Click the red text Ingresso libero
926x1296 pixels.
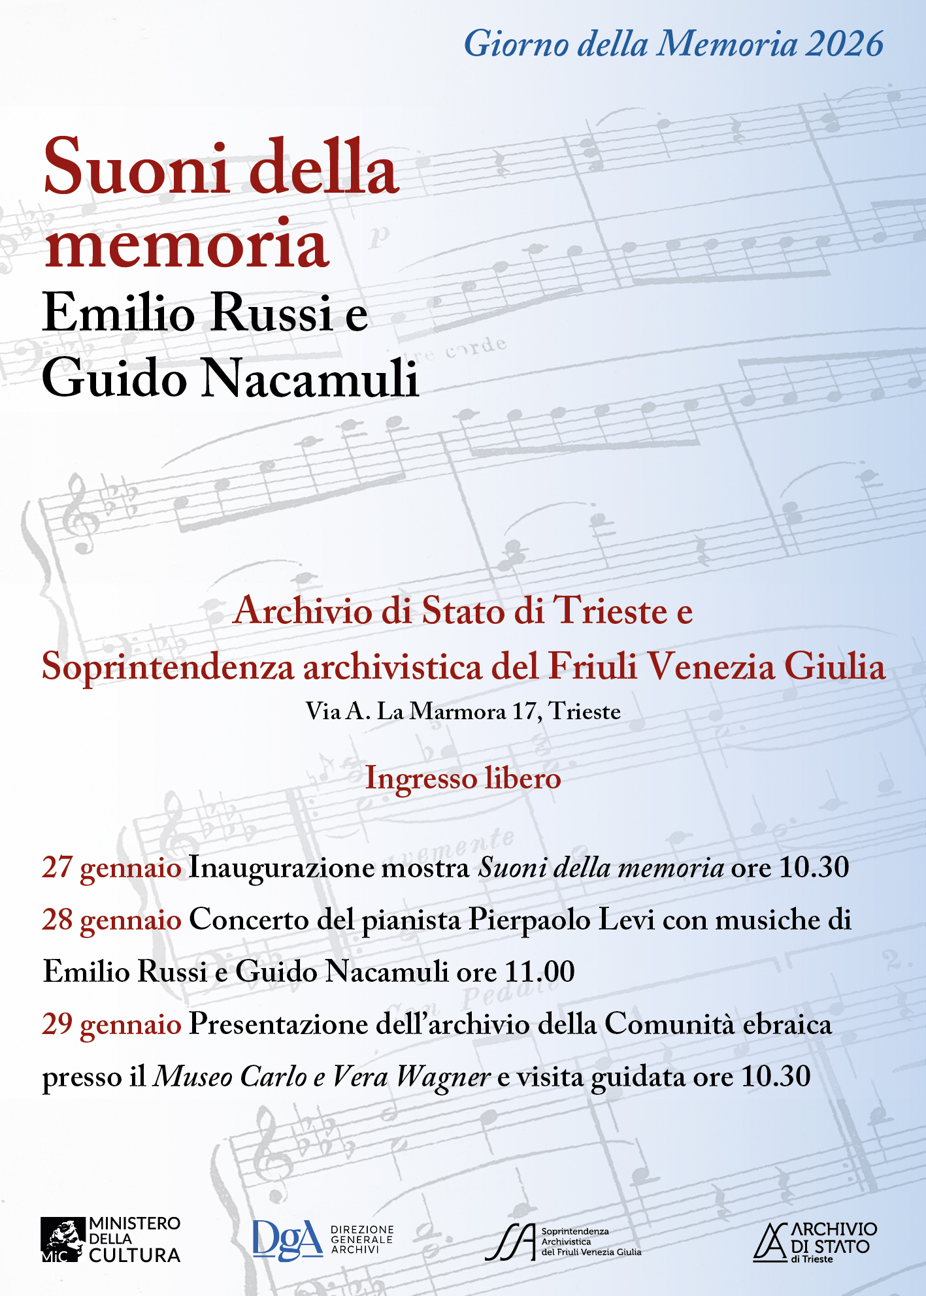pyautogui.click(x=463, y=779)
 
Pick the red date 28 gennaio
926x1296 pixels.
pyautogui.click(x=112, y=920)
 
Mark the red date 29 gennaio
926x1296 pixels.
pyautogui.click(x=112, y=1024)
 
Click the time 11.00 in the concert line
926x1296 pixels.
pyautogui.click(x=540, y=972)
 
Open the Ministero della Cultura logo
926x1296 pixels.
pyautogui.click(x=110, y=1239)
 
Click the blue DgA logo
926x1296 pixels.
pyautogui.click(x=288, y=1239)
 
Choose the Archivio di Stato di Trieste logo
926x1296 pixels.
pyautogui.click(x=815, y=1241)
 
